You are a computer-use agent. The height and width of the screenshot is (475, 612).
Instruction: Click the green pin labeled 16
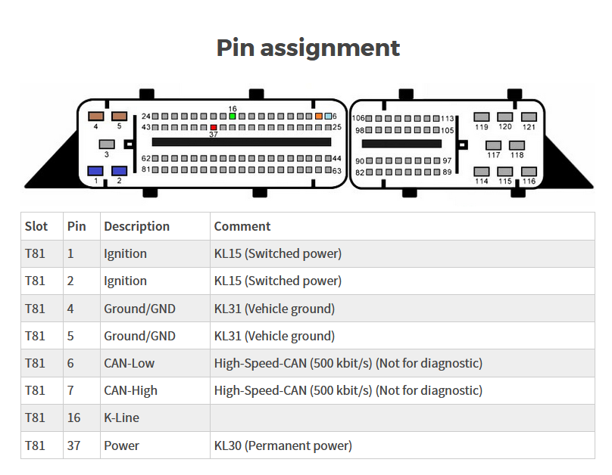[233, 116]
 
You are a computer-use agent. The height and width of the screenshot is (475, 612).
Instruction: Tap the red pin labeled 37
[214, 127]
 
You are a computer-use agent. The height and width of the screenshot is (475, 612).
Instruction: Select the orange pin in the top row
[319, 116]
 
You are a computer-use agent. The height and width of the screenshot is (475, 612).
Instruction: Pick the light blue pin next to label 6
[328, 116]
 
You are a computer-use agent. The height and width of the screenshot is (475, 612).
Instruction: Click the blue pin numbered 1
[95, 171]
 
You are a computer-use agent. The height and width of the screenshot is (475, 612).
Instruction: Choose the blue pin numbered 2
[119, 171]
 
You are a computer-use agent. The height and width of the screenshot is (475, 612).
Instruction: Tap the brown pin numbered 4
[96, 116]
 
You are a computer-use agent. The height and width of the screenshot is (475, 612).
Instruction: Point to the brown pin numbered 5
[120, 116]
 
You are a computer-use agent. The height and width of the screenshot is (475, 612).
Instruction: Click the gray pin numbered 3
[107, 144]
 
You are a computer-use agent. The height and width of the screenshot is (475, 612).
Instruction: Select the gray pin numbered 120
[505, 117]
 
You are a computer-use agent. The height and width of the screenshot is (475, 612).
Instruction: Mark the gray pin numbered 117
[493, 145]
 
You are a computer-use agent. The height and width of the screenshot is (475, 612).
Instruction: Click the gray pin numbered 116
[529, 172]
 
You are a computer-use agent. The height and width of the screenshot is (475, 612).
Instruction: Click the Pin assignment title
[308, 48]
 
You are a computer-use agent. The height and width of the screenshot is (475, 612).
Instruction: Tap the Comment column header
[242, 226]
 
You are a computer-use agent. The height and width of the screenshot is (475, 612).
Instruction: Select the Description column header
[136, 226]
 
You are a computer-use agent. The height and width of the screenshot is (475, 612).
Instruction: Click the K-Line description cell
[121, 418]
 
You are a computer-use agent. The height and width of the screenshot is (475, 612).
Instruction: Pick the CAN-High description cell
[130, 390]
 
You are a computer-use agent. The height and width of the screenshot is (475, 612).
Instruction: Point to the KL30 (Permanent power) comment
[283, 446]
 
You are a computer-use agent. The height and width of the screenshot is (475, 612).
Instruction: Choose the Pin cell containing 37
[73, 446]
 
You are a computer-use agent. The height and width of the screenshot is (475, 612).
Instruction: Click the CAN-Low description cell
[129, 363]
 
